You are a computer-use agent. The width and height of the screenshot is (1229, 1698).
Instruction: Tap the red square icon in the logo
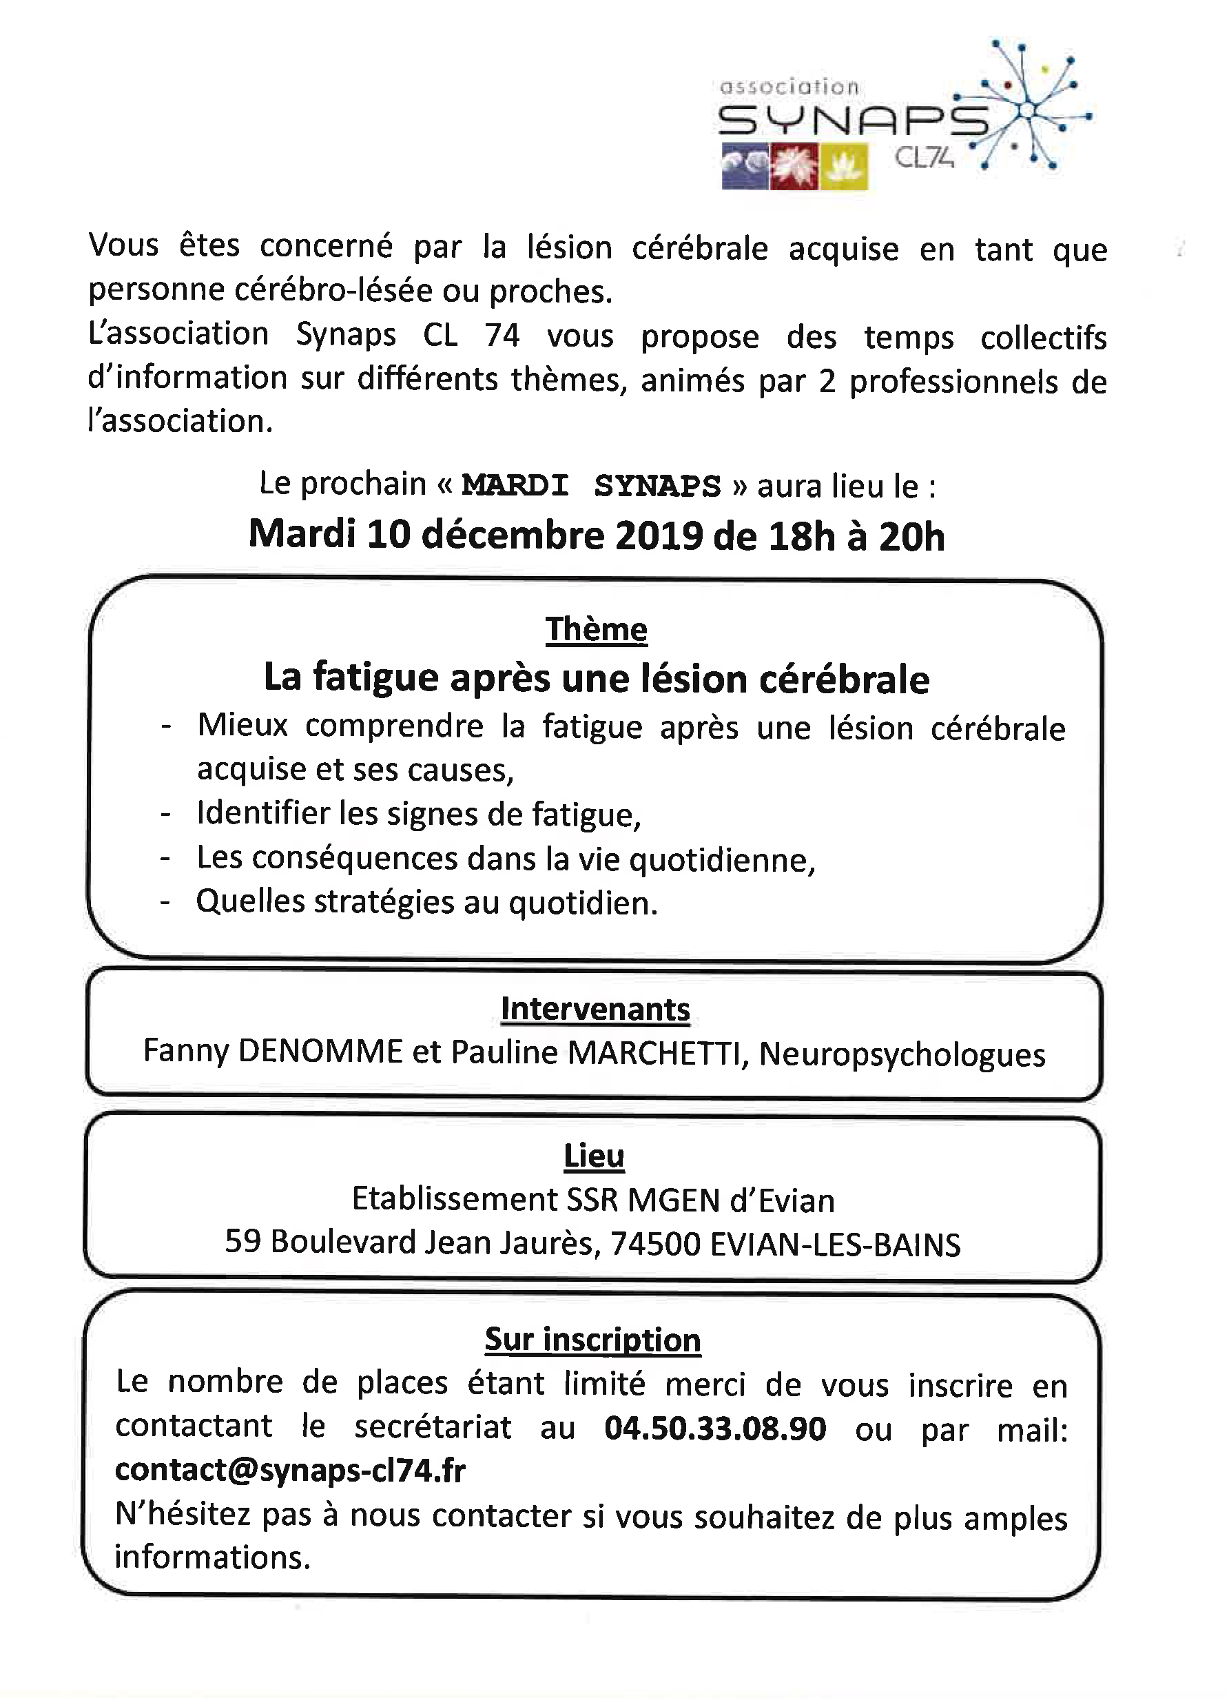(795, 166)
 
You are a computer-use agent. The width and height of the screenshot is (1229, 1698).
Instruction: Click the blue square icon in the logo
(745, 166)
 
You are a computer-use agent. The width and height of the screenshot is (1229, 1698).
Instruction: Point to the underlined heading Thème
(596, 630)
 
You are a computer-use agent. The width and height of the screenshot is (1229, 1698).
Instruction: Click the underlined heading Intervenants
(595, 1009)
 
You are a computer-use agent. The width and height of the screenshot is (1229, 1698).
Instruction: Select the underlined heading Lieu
(594, 1156)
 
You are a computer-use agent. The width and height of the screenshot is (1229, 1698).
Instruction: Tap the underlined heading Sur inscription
(592, 1340)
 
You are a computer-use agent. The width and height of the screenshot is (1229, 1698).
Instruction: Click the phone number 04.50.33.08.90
(715, 1429)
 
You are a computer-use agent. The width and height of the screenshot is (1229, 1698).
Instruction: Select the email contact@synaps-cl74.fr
(291, 1471)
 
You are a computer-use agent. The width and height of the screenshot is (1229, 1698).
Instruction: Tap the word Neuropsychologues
(902, 1054)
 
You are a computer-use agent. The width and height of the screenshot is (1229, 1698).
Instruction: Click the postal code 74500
(656, 1244)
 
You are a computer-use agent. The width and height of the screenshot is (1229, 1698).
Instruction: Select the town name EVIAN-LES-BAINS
(834, 1245)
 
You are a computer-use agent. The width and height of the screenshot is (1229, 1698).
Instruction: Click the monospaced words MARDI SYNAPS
(590, 486)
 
